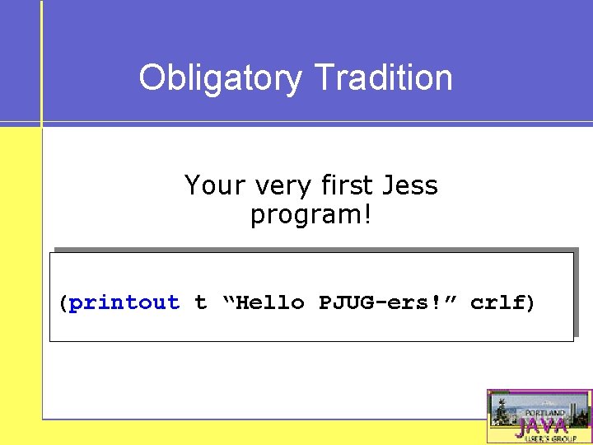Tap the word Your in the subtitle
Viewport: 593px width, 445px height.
click(212, 185)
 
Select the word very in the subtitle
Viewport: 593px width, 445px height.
click(277, 187)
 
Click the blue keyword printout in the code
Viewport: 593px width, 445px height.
click(124, 302)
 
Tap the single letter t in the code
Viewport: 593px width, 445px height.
click(200, 302)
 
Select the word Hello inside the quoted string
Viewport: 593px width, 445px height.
click(271, 302)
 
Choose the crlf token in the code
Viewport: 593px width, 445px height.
click(497, 302)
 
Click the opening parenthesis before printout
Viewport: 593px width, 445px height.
click(63, 302)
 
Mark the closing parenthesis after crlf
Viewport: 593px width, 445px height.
click(530, 302)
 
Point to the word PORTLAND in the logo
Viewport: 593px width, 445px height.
click(545, 412)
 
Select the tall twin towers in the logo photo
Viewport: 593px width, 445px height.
click(574, 408)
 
